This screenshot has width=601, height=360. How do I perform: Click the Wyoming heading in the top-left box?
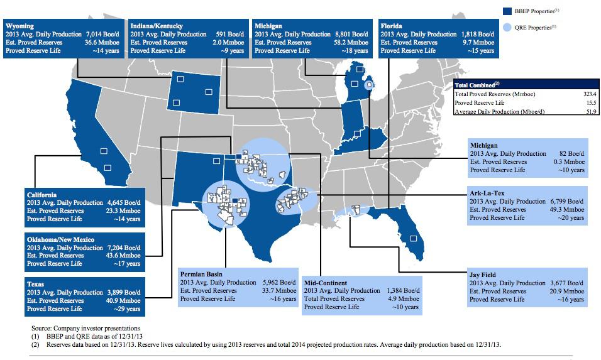[x=19, y=25]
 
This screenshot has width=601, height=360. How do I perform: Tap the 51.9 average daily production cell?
[x=581, y=112]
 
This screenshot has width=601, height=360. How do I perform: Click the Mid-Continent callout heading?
[x=325, y=283]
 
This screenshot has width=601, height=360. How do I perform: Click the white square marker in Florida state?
[x=414, y=238]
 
